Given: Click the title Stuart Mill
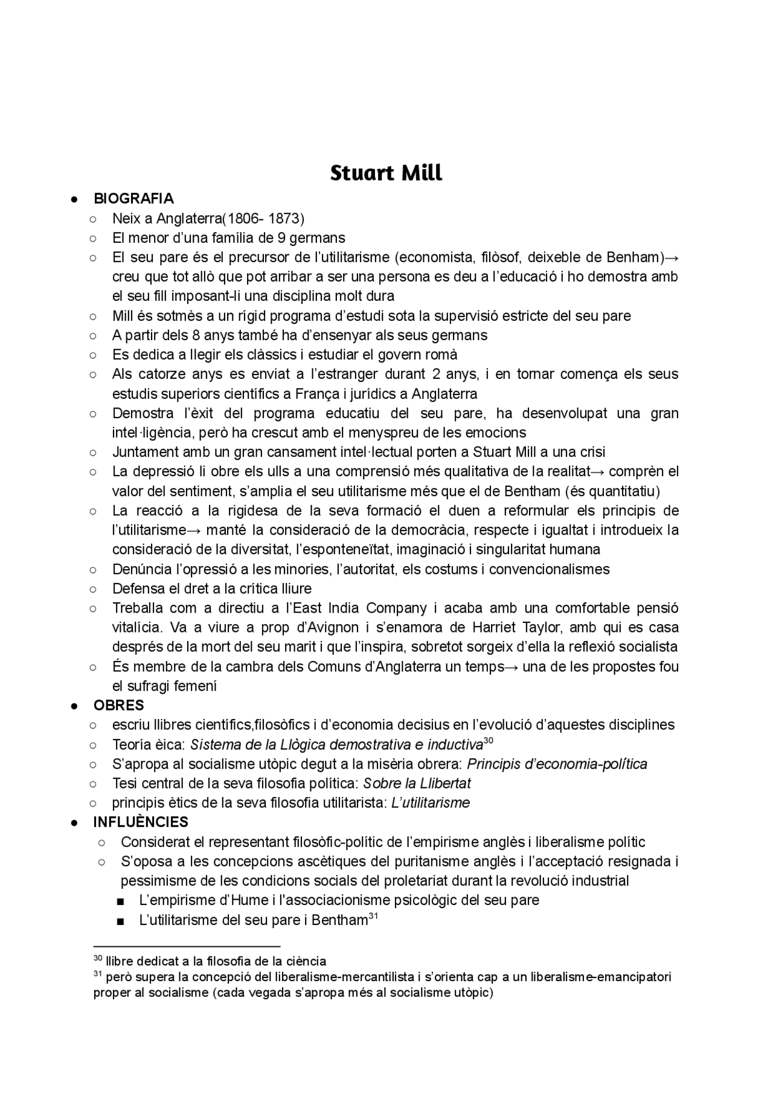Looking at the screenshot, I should (x=386, y=173).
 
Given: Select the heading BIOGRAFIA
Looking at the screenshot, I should (x=133, y=199).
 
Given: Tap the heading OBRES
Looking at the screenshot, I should (x=118, y=705).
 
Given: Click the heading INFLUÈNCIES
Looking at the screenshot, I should (x=141, y=822).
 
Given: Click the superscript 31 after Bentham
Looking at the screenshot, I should (x=373, y=917).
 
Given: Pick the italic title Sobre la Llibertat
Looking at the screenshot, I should (x=417, y=784).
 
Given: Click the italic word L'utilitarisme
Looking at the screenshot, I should (x=431, y=803).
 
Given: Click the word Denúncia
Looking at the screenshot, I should (x=141, y=569).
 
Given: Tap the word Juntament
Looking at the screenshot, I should (x=146, y=452).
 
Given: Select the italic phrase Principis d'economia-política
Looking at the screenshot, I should (x=557, y=764).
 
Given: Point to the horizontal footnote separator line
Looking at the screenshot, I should (x=187, y=946).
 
